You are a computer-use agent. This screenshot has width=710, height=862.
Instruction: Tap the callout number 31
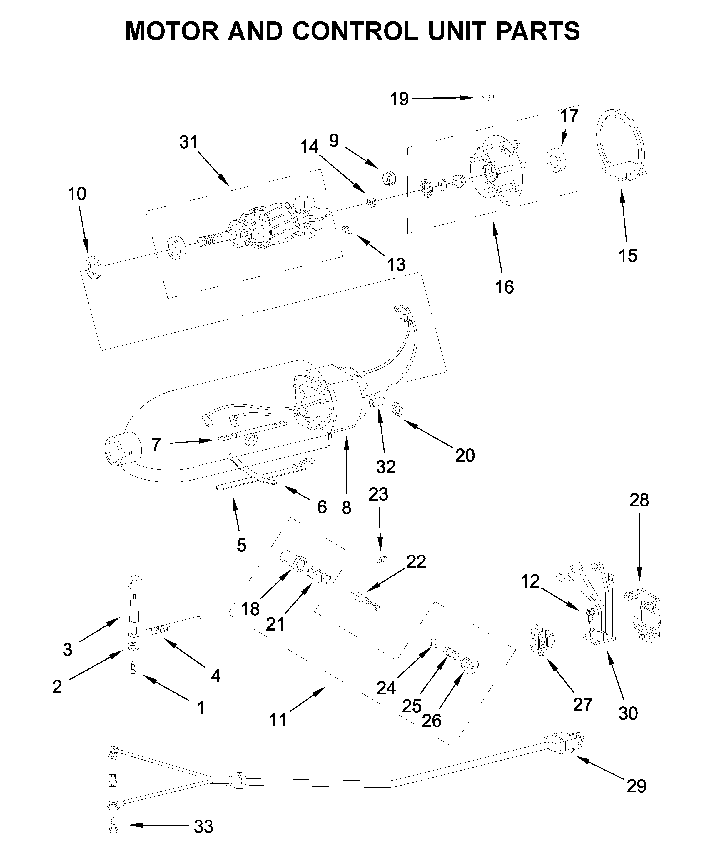tap(188, 142)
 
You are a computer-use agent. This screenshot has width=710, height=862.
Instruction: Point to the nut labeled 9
tap(387, 178)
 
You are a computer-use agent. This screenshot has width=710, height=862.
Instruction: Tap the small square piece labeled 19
tap(487, 97)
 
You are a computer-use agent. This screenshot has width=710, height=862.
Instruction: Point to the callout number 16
tap(504, 287)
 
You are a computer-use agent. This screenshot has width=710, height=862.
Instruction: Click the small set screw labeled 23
tap(382, 559)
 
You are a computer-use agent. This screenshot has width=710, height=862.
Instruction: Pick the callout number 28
tap(639, 500)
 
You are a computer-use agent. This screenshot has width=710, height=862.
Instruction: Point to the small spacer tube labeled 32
tap(376, 402)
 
